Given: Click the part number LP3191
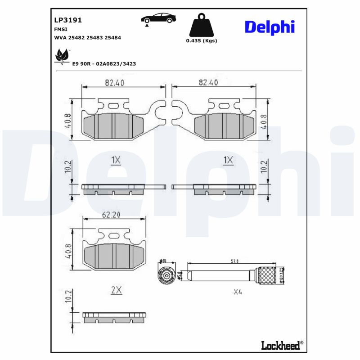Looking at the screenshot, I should [x=67, y=20].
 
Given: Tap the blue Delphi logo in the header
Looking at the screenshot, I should [x=270, y=27].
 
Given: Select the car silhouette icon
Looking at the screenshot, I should [x=158, y=18].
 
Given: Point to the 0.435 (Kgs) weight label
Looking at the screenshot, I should [x=201, y=41].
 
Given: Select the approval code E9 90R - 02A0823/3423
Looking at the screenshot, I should [x=104, y=64].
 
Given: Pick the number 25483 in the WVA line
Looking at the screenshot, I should [x=95, y=38].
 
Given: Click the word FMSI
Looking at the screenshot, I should [x=61, y=29].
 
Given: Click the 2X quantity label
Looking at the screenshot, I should [x=117, y=291].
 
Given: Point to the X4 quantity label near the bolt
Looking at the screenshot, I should [x=237, y=292].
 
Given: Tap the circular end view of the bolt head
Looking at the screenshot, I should [x=166, y=275].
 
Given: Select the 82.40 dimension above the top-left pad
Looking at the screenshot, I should [x=115, y=82].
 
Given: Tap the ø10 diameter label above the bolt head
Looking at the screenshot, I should [x=163, y=261].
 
